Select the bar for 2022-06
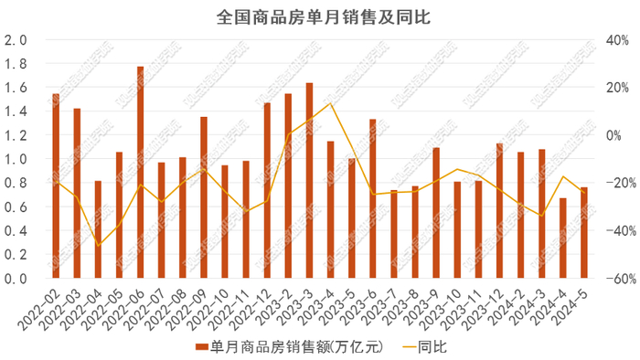click(x=141, y=174)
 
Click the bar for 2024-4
click(x=563, y=238)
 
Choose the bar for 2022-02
click(x=56, y=186)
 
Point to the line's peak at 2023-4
click(x=330, y=103)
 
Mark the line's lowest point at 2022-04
click(x=98, y=245)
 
